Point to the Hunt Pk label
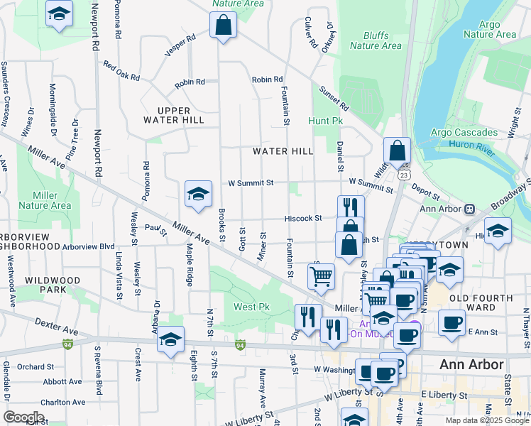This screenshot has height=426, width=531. (x=325, y=121)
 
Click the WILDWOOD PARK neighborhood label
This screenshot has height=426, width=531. (x=53, y=285)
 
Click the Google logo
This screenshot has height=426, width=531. (x=24, y=417)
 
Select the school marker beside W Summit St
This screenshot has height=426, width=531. (x=198, y=195)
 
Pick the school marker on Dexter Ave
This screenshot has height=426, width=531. (x=170, y=341)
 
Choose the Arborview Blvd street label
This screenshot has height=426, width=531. (x=88, y=246)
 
